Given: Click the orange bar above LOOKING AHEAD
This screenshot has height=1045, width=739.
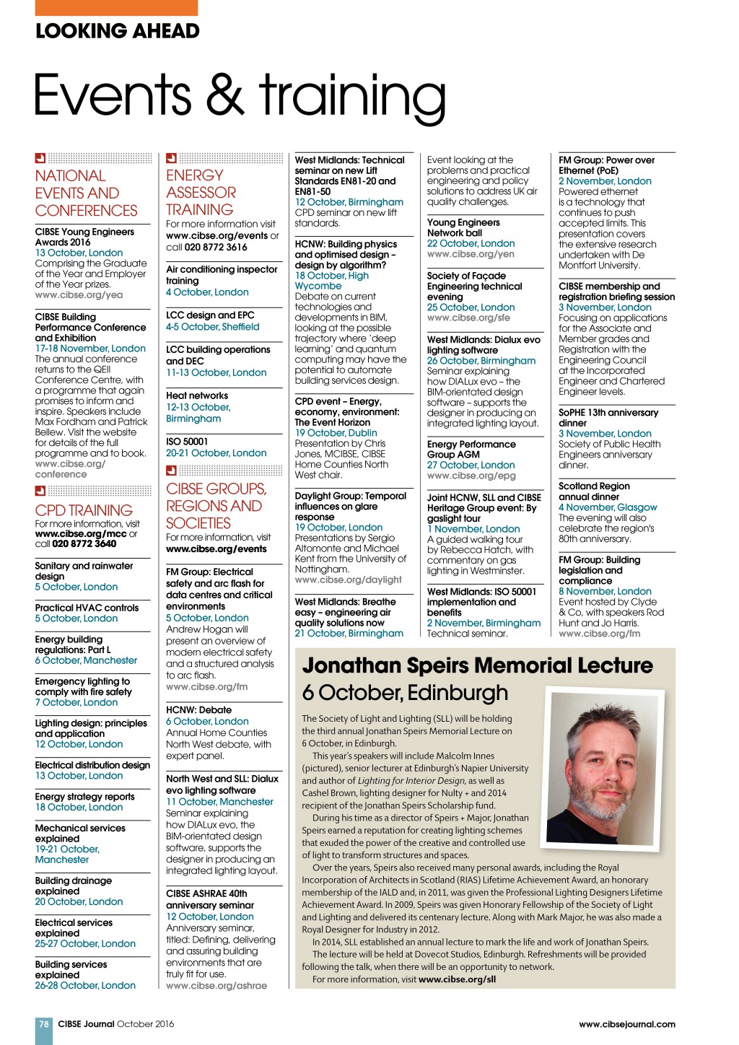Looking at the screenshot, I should click(116, 7).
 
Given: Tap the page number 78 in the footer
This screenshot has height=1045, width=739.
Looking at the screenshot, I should click(44, 1023).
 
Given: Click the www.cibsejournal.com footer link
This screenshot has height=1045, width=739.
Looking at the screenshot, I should click(626, 1023).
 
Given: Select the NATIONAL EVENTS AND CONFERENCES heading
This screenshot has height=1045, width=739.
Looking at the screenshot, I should click(86, 193).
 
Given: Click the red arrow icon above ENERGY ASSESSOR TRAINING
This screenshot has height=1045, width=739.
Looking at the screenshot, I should click(171, 158).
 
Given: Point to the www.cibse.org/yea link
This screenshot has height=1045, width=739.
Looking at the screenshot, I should click(79, 295).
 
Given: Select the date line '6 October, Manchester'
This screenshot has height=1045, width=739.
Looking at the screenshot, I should click(86, 660).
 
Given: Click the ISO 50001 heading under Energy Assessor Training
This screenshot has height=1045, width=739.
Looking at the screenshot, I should click(187, 442).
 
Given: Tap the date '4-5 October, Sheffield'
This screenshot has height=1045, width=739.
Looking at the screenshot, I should click(212, 327).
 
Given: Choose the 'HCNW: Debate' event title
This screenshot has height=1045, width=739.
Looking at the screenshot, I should click(198, 710).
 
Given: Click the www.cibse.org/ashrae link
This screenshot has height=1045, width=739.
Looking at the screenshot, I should click(216, 986).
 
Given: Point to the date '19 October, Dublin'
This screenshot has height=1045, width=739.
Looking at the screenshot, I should click(336, 433).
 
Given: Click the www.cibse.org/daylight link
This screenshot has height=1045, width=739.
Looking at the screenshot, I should click(348, 580).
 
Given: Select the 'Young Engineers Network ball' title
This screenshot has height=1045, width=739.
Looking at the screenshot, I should click(463, 228).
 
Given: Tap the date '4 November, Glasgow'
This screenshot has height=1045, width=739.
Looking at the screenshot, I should click(608, 507).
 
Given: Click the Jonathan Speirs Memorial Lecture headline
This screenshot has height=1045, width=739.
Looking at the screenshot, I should click(477, 665).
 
